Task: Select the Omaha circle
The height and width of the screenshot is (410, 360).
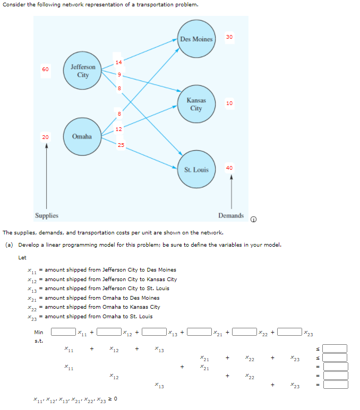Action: point(82,136)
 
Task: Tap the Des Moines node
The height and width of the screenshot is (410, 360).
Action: point(196,39)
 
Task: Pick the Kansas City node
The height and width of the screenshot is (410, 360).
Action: point(196,104)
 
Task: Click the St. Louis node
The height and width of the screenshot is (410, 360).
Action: point(196,170)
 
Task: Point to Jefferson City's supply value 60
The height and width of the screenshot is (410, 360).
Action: point(45,69)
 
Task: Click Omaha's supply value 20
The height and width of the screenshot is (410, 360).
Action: point(46,137)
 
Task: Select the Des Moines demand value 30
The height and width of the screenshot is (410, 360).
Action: point(229,37)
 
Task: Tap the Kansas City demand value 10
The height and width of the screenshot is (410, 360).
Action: point(229,103)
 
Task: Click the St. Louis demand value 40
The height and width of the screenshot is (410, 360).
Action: point(229,168)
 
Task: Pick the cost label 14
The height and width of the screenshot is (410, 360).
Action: point(118,63)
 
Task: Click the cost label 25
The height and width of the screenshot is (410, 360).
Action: point(121,145)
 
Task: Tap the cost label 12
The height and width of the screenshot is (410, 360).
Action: point(118,129)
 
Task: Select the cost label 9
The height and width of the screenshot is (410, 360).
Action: point(119,75)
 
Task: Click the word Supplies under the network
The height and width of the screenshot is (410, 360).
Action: point(47,216)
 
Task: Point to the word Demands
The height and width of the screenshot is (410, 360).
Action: point(231,216)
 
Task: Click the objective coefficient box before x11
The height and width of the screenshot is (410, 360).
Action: point(63,333)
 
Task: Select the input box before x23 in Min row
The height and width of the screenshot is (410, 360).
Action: point(290,333)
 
